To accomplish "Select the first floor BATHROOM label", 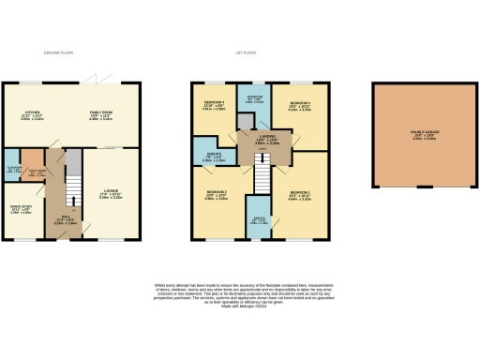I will pos(254,97).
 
